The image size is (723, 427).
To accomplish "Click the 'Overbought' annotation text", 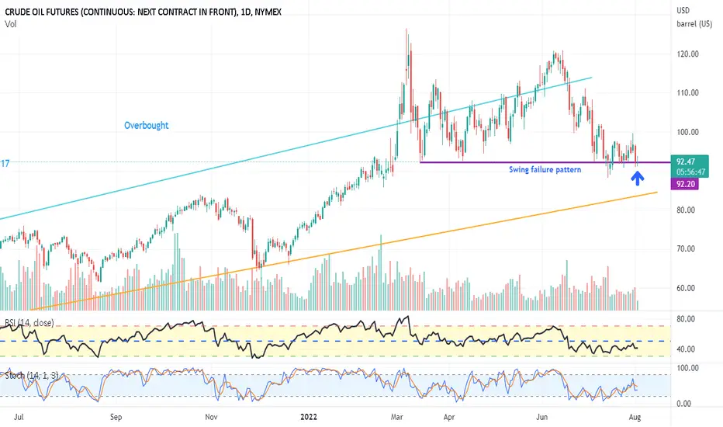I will pyautogui.click(x=146, y=125).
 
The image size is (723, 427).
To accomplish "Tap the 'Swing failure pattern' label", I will pyautogui.click(x=545, y=169).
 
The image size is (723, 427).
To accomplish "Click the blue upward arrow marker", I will pyautogui.click(x=638, y=179).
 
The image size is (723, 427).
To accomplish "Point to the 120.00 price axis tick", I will pyautogui.click(x=688, y=54).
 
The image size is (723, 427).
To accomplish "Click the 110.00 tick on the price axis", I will pyautogui.click(x=688, y=93).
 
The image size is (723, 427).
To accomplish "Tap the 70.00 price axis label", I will pyautogui.click(x=688, y=249).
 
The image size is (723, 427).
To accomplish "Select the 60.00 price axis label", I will pyautogui.click(x=688, y=288).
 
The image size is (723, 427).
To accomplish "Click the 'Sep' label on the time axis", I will pyautogui.click(x=116, y=416).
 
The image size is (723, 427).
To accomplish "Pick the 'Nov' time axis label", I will pyautogui.click(x=211, y=416).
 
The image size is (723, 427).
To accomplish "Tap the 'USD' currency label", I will pyautogui.click(x=683, y=10).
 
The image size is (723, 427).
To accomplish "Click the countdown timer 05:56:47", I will pyautogui.click(x=689, y=172).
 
